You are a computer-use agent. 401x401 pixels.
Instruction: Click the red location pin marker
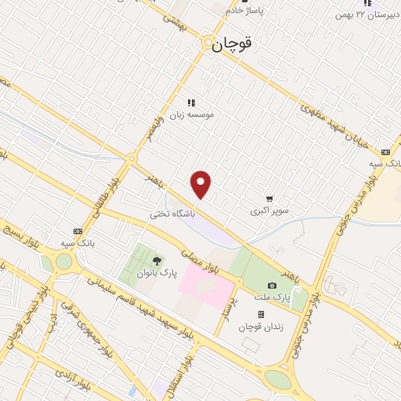tap(202, 184)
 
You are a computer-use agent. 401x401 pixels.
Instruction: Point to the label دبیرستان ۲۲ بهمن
tap(362, 14)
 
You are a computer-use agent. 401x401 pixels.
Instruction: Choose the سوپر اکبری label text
tap(269, 211)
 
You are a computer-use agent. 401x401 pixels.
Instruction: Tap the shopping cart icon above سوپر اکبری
tap(269, 199)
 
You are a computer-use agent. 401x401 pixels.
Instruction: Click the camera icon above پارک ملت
tap(272, 286)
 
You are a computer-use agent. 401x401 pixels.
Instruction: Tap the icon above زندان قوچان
tap(261, 314)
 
